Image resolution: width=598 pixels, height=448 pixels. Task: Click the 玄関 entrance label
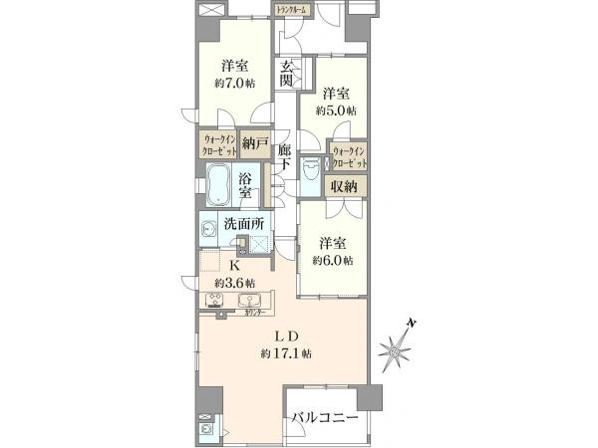(287, 74)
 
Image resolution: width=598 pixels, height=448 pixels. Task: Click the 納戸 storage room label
(255, 144)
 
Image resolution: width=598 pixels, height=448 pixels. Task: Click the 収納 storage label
(345, 186)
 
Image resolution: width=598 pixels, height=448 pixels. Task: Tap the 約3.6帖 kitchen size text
(236, 282)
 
